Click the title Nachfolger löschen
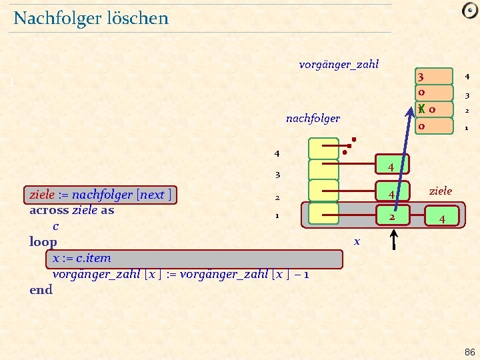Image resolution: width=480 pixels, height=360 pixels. [91, 18]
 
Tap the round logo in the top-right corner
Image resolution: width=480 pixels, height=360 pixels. [469, 11]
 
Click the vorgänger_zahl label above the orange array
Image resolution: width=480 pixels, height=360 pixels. [339, 65]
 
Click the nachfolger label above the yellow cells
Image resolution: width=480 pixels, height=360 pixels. [313, 119]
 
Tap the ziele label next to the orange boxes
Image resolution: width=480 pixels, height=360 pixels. [440, 191]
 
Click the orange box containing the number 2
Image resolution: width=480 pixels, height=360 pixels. [393, 217]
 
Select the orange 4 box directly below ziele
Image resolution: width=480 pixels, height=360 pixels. [442, 218]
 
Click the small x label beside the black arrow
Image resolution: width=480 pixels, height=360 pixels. [357, 241]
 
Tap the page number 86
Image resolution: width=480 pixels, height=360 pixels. [469, 351]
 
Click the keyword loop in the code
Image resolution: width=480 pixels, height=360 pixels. [43, 242]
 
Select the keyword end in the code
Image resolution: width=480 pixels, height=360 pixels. [41, 290]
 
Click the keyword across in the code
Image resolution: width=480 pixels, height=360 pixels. [49, 210]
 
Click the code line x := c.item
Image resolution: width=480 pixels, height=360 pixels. [82, 258]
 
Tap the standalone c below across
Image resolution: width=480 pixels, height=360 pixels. [56, 227]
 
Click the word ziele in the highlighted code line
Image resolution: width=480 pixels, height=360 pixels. [41, 195]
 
